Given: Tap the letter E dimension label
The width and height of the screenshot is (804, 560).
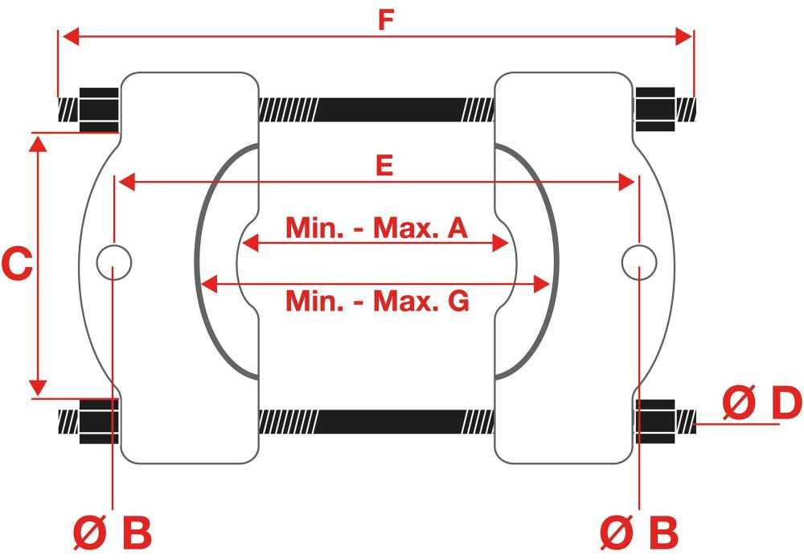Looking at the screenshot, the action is pyautogui.click(x=384, y=166).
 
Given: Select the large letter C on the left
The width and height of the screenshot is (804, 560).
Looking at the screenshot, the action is pyautogui.click(x=17, y=264).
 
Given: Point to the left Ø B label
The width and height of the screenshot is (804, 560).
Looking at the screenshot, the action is pyautogui.click(x=113, y=533).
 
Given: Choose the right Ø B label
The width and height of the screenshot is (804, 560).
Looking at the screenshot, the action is pyautogui.click(x=639, y=533).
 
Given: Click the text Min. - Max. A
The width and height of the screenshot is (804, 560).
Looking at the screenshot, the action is pyautogui.click(x=376, y=228).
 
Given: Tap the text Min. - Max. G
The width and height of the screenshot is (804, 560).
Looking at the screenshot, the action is pyautogui.click(x=377, y=301).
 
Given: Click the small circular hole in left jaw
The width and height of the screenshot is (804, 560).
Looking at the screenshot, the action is pyautogui.click(x=114, y=262).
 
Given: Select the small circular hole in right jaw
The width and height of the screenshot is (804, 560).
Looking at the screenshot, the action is pyautogui.click(x=639, y=262).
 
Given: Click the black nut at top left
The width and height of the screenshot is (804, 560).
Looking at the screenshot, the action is pyautogui.click(x=99, y=110).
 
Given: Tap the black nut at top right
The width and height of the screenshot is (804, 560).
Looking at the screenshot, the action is pyautogui.click(x=655, y=109).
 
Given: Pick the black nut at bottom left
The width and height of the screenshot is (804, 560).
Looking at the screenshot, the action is pyautogui.click(x=99, y=422).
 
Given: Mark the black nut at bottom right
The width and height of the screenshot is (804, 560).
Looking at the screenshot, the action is pyautogui.click(x=655, y=422).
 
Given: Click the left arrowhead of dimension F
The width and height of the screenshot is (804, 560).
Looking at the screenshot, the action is pyautogui.click(x=71, y=36).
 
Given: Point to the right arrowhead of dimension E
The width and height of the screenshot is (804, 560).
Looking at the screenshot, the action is pyautogui.click(x=626, y=182).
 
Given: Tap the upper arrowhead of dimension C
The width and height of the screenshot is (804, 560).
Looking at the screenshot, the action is pyautogui.click(x=38, y=144).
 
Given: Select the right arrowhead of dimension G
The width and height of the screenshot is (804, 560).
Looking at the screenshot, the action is pyautogui.click(x=542, y=284).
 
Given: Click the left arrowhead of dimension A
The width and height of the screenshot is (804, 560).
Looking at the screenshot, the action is pyautogui.click(x=250, y=243).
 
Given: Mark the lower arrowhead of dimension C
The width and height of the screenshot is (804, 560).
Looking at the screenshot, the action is pyautogui.click(x=38, y=388).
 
